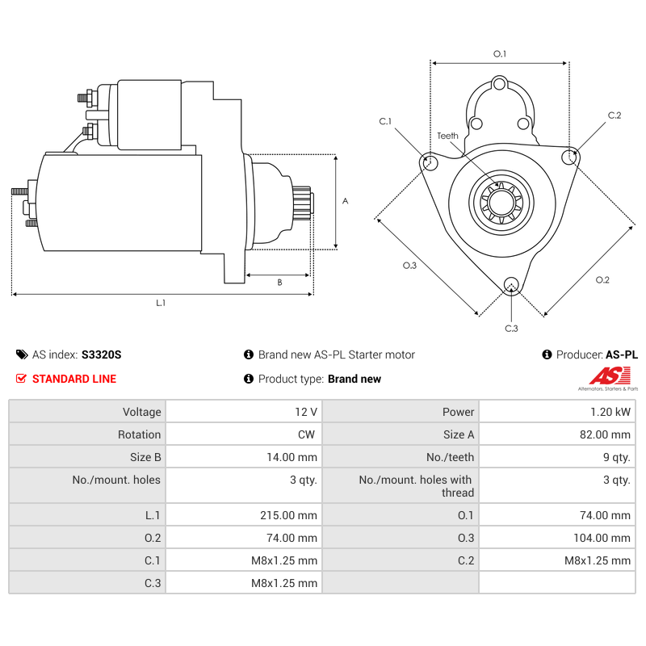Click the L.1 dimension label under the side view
[161, 303]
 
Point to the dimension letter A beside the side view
[345, 201]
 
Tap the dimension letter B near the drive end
[279, 283]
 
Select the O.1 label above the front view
[499, 54]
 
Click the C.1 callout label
[385, 122]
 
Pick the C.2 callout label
[614, 115]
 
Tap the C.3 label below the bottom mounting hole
[511, 328]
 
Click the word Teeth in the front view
[447, 136]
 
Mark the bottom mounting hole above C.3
[510, 283]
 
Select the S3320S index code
[101, 354]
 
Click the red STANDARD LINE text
[74, 379]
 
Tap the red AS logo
[606, 376]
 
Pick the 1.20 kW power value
[610, 412]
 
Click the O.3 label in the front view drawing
[409, 266]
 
